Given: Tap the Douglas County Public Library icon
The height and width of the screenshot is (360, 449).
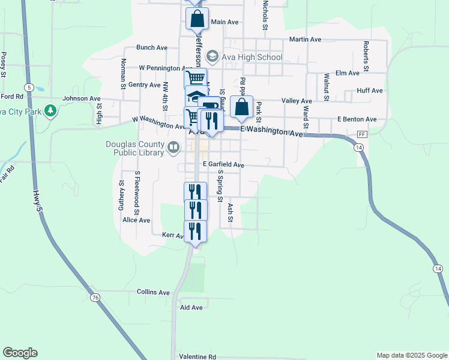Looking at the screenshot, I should (173, 146).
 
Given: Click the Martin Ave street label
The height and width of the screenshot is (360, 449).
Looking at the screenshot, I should (305, 40).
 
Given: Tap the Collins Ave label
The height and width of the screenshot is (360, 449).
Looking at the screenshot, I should (154, 292).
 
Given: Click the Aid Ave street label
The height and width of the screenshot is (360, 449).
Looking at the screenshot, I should (191, 307).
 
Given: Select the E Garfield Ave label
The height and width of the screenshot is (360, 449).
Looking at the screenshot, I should (223, 164).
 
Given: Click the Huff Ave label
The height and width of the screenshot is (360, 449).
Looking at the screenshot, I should (369, 91).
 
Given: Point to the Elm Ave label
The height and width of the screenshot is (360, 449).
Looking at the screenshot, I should (348, 73).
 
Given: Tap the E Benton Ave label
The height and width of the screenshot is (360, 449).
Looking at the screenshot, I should (357, 119).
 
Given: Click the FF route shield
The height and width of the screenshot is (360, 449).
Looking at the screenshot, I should (361, 134).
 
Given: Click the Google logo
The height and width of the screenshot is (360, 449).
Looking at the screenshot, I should (20, 353).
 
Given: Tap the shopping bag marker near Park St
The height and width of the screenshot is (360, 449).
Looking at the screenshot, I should (241, 108).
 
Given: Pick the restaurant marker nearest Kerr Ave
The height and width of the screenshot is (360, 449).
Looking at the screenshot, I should (195, 231).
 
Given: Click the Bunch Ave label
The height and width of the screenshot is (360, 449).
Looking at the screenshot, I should (152, 47).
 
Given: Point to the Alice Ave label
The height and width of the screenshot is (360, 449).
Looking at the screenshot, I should (136, 220).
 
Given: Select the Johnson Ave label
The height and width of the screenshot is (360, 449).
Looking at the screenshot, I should (82, 98).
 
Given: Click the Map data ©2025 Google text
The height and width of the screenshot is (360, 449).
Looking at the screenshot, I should (412, 355).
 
